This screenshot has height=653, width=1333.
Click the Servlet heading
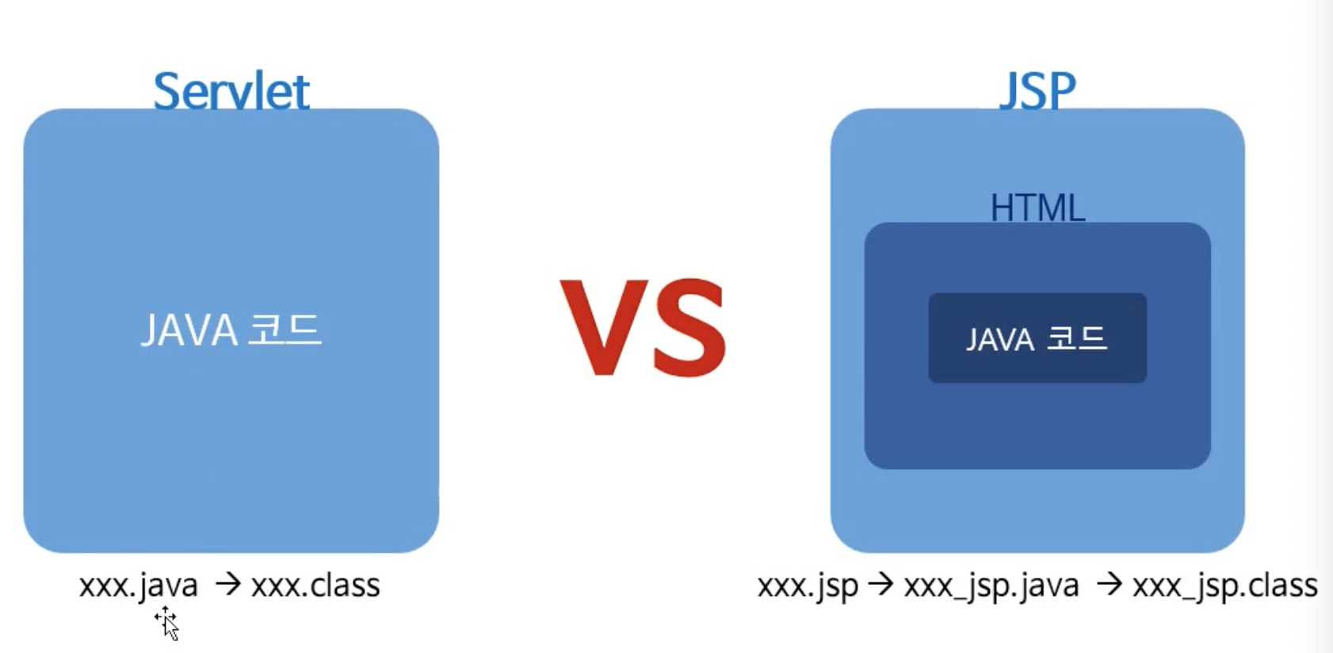tap(231, 90)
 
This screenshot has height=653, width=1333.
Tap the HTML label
tap(1037, 208)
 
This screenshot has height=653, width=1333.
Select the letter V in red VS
tap(604, 326)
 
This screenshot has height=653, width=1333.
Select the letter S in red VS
tap(689, 326)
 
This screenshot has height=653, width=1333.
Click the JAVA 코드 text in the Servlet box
tap(231, 330)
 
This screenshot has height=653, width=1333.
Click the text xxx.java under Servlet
tap(139, 586)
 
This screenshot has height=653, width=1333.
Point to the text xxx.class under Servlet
tap(315, 586)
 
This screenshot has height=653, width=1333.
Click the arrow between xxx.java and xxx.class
tap(228, 584)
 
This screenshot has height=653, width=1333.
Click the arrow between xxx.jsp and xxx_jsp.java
tap(880, 584)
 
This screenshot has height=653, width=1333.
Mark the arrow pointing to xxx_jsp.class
tap(1110, 584)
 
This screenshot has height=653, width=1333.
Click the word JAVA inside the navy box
tap(1000, 340)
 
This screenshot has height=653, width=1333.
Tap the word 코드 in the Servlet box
tap(285, 330)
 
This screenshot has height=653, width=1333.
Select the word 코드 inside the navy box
tap(1075, 339)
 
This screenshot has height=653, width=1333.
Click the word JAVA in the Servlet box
tap(189, 330)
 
